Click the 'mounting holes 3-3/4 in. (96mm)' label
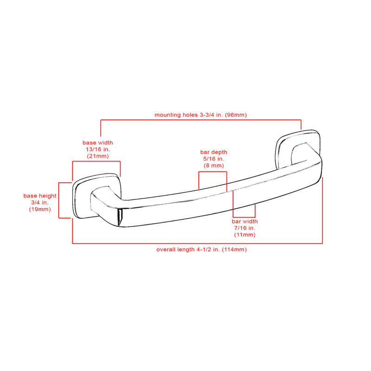(201, 115)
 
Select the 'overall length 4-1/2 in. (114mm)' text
(201, 249)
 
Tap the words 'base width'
(98, 143)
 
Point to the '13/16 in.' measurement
(98, 149)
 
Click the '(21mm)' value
(98, 156)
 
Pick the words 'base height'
(40, 196)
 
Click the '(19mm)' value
(40, 210)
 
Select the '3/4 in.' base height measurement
(40, 203)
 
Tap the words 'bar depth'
(214, 152)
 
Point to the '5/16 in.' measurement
(214, 159)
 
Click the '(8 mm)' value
(214, 166)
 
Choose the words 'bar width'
(245, 222)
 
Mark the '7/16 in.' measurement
(245, 228)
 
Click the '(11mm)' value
(245, 235)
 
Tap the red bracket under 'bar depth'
(213, 172)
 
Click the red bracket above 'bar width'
(244, 217)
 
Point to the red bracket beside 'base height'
(59, 200)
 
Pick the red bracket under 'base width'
(96, 161)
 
